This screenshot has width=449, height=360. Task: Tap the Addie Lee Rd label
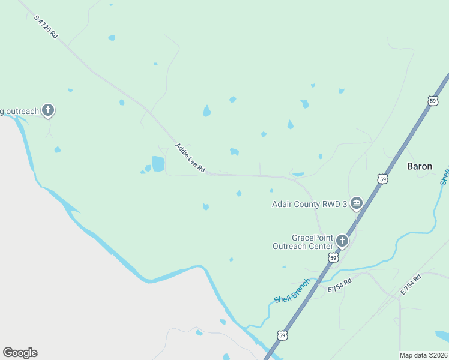click(x=190, y=158)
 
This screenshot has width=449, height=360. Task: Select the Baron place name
click(x=420, y=166)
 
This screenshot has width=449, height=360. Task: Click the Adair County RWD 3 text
click(x=310, y=204)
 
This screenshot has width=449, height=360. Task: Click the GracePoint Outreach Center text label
click(x=303, y=242)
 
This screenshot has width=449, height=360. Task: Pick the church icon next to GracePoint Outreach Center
click(x=342, y=241)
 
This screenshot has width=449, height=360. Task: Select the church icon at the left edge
click(x=48, y=110)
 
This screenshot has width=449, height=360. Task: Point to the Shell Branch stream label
click(x=292, y=291)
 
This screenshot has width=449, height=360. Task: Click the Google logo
click(x=20, y=353)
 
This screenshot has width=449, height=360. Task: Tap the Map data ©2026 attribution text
click(x=424, y=355)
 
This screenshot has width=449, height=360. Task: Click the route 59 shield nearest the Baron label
click(x=382, y=178)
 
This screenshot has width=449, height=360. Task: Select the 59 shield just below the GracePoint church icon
click(x=333, y=257)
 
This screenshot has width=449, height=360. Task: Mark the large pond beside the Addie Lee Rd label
click(x=158, y=163)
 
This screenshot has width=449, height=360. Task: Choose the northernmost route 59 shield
click(x=433, y=101)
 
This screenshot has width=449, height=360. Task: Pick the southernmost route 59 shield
click(x=283, y=335)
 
